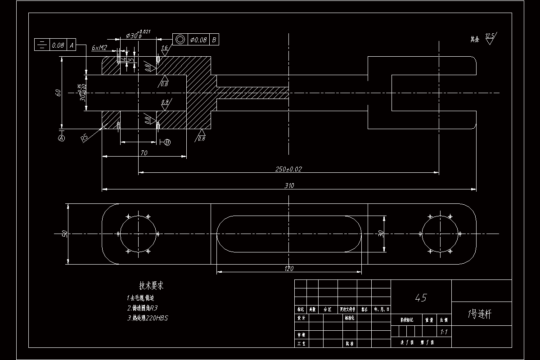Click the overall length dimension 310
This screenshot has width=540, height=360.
pos(289,185)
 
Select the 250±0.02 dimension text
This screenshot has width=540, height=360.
pos(288,169)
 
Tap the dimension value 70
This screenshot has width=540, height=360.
pos(144,153)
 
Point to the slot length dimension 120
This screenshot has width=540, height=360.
pos(289,269)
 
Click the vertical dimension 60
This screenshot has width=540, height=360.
pos(58,93)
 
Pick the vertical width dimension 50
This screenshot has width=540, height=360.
pos(65,234)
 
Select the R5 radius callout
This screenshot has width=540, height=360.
pos(84,138)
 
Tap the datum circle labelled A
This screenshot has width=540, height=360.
pos(62,138)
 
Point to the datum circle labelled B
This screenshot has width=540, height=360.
pos(167,142)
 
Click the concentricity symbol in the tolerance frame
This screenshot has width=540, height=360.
pos(180,40)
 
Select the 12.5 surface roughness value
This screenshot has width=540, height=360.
pos(490,36)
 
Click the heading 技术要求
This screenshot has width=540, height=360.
pos(151,285)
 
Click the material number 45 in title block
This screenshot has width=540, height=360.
pos(421,297)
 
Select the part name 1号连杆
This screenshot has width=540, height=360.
pos(480,314)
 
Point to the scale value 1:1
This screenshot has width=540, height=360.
pos(443,332)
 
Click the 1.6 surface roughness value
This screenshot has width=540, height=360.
pos(164,48)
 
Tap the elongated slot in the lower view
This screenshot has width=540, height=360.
pos(289,234)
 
